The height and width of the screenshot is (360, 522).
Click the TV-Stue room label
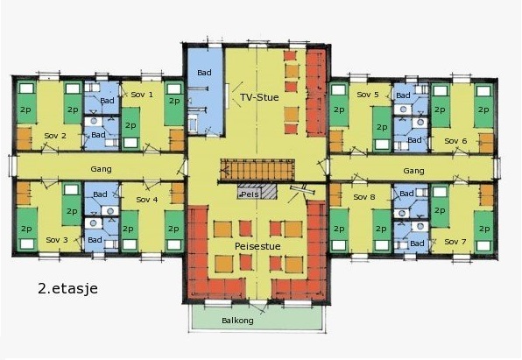[259, 97]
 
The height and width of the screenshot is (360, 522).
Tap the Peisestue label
[257, 246]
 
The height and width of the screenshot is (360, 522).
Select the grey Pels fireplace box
[257, 192]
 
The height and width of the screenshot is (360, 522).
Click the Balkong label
[237, 321]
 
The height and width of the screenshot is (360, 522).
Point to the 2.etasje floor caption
[68, 288]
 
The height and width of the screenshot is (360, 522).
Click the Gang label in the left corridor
[102, 169]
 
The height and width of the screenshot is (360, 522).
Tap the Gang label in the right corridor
[413, 171]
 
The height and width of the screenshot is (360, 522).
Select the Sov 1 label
[142, 95]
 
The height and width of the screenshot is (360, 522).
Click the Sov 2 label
[55, 136]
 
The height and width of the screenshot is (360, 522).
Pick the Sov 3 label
[57, 240]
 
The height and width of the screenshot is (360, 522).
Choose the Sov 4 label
[147, 200]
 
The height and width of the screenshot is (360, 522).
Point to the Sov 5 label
[368, 95]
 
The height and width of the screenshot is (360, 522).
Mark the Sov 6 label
[455, 141]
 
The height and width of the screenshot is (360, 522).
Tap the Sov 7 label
[455, 242]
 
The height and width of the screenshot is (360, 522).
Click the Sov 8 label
[364, 197]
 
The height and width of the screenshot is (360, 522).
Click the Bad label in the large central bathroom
[204, 73]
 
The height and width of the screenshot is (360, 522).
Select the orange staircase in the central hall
[257, 170]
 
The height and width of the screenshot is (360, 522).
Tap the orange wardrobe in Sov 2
[24, 138]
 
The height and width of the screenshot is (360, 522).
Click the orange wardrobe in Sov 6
[486, 143]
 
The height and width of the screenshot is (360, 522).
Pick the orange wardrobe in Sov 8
[335, 194]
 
